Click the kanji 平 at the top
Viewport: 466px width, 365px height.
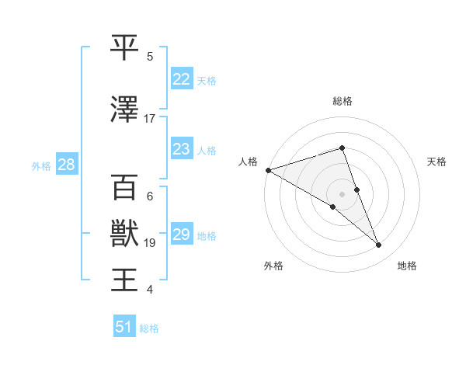pyautogui.click(x=125, y=48)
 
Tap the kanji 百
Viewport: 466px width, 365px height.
pyautogui.click(x=125, y=188)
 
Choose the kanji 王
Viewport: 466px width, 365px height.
pyautogui.click(x=125, y=279)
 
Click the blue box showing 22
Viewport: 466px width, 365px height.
pyautogui.click(x=181, y=78)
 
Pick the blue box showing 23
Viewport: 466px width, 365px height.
pyautogui.click(x=181, y=149)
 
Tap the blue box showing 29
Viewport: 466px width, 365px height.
pyautogui.click(x=181, y=235)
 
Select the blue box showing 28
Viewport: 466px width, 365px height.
pyautogui.click(x=66, y=165)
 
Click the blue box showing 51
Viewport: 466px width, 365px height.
pyautogui.click(x=124, y=327)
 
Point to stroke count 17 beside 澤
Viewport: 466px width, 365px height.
pyautogui.click(x=150, y=119)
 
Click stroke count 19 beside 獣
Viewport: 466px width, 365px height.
pyautogui.click(x=150, y=243)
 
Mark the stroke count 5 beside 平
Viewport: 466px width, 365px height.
pyautogui.click(x=150, y=57)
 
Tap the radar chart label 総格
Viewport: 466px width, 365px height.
pyautogui.click(x=343, y=101)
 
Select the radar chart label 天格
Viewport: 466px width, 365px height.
pyautogui.click(x=436, y=162)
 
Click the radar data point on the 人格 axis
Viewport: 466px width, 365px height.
pyautogui.click(x=267, y=169)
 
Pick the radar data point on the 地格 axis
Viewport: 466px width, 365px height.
pyautogui.click(x=379, y=245)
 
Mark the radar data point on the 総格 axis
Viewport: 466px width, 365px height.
pyautogui.click(x=343, y=148)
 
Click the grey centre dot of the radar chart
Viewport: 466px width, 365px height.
pyautogui.click(x=342, y=193)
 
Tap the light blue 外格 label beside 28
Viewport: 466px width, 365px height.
pyautogui.click(x=41, y=165)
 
